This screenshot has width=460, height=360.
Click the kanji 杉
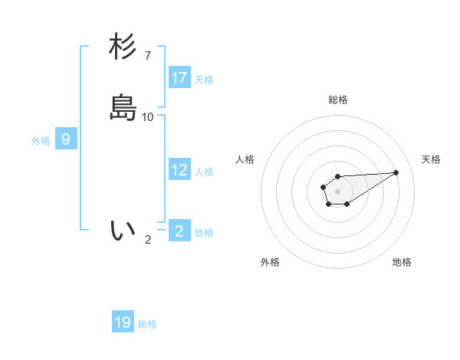click(123, 47)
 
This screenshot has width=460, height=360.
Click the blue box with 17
click(179, 77)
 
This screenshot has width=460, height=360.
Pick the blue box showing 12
click(179, 170)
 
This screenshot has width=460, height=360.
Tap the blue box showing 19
click(123, 322)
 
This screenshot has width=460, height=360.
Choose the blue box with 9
click(66, 139)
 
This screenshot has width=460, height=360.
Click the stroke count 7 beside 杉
click(148, 55)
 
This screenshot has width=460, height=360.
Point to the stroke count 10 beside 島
click(148, 116)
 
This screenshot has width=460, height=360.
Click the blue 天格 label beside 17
click(204, 80)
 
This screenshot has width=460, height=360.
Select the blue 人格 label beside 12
click(204, 172)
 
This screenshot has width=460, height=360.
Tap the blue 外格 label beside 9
click(41, 141)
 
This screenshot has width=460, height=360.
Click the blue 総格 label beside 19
click(147, 324)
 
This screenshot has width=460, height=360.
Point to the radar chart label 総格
click(338, 100)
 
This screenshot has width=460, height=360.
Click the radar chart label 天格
click(431, 159)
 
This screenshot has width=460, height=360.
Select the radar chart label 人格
click(245, 159)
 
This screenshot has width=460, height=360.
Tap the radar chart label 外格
click(270, 262)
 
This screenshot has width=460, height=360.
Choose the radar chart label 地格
click(402, 262)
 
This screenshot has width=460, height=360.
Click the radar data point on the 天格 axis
click(396, 172)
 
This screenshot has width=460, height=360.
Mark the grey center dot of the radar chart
click(338, 191)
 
